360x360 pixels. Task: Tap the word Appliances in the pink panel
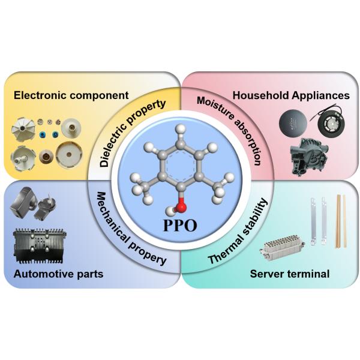[x=319, y=95]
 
